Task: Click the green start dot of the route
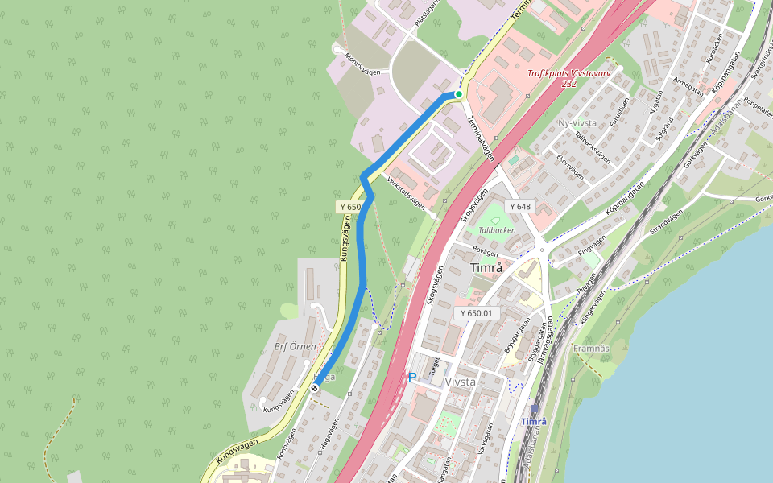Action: (459, 94)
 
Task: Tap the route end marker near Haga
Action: (315, 388)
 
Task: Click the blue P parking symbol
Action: (412, 377)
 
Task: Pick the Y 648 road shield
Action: (520, 207)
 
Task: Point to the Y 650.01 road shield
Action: (477, 312)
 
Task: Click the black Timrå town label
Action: (486, 268)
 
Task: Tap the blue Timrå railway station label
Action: (533, 422)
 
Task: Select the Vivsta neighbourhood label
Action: (461, 382)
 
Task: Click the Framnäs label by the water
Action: (592, 348)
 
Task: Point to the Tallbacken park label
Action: (497, 229)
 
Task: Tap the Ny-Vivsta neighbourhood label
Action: (577, 123)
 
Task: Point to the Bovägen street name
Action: (491, 250)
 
